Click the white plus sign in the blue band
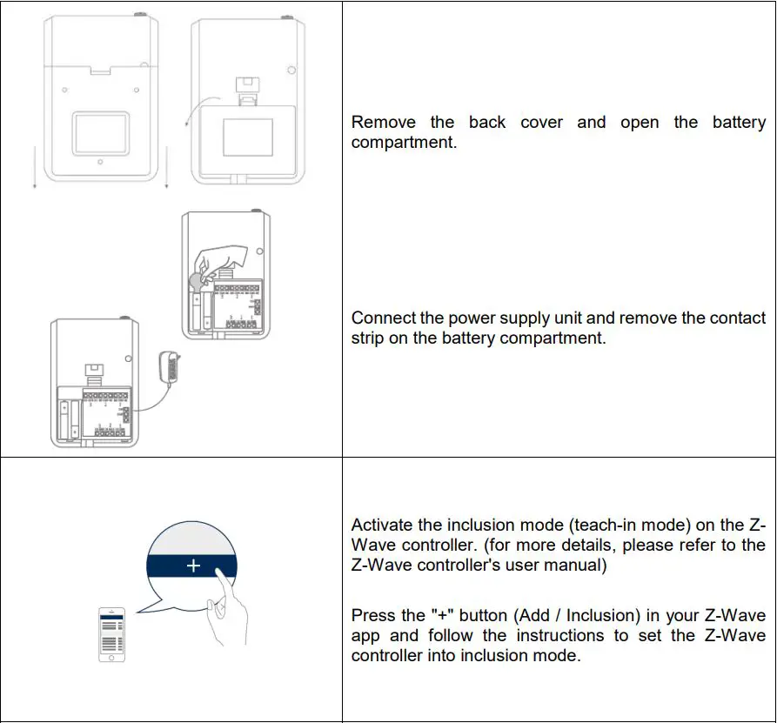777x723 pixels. point(193,566)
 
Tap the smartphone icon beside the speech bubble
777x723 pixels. point(111,634)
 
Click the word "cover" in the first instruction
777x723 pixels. point(541,123)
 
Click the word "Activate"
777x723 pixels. point(384,525)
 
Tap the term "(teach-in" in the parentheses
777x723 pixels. point(592,525)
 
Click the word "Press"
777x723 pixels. point(373,616)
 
